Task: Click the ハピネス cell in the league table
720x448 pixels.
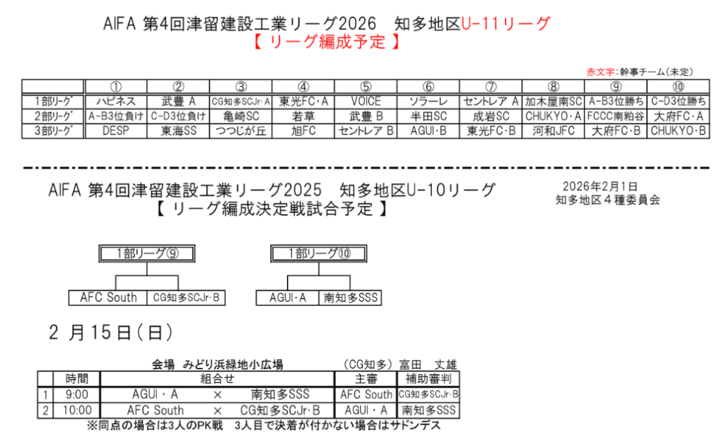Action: click(x=116, y=101)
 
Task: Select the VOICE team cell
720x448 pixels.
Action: click(x=366, y=101)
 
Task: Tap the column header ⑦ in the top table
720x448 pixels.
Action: click(x=490, y=86)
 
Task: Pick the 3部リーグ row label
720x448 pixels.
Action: click(x=53, y=131)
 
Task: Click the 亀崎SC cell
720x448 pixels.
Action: click(x=240, y=116)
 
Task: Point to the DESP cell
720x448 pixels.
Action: click(x=116, y=131)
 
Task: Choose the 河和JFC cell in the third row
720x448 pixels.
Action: click(x=553, y=131)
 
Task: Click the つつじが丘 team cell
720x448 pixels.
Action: click(x=240, y=131)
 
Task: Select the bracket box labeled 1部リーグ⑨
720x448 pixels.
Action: click(x=147, y=253)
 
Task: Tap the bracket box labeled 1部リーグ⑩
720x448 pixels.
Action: click(x=319, y=253)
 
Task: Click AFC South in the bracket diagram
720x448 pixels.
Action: click(x=108, y=298)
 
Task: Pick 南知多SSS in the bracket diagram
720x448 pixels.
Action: click(x=350, y=298)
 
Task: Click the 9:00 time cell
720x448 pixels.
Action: click(x=77, y=395)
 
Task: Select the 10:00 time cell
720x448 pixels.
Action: click(x=77, y=410)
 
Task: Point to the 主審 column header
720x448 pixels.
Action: click(x=366, y=378)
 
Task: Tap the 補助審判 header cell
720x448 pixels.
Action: click(x=428, y=378)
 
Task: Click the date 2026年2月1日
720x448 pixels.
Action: click(x=600, y=187)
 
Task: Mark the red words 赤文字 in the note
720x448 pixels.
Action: click(x=600, y=72)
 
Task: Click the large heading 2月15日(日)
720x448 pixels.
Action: click(x=111, y=332)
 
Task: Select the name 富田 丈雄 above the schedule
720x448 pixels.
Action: click(x=428, y=364)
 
